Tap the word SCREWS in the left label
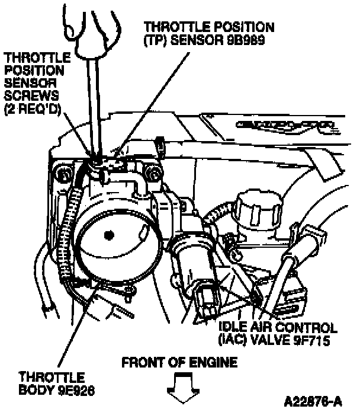click(31, 95)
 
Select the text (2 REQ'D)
click(33, 109)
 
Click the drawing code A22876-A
click(313, 400)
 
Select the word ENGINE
click(213, 362)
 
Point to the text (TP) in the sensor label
click(155, 40)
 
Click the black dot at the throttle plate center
click(109, 235)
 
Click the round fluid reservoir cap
click(259, 204)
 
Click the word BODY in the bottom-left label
click(37, 390)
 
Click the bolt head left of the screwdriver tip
click(63, 174)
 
